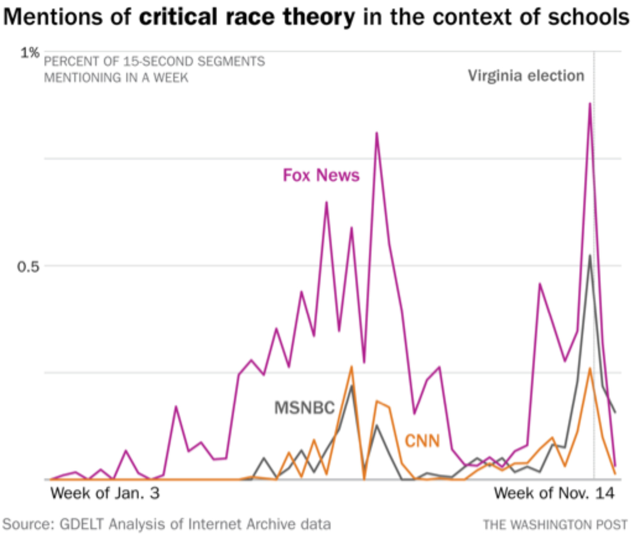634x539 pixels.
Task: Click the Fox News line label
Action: (321, 175)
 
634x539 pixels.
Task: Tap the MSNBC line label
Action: (304, 407)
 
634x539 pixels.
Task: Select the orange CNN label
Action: (422, 441)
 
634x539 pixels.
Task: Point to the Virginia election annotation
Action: (526, 76)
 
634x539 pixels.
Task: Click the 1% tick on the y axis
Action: (30, 53)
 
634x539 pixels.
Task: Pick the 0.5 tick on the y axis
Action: (28, 267)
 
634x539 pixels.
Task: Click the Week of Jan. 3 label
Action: (105, 493)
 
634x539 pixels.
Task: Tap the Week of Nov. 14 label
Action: (554, 493)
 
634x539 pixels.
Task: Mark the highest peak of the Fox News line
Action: (590, 103)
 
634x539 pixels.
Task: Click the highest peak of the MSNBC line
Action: (590, 256)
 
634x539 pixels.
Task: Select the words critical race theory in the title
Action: (247, 17)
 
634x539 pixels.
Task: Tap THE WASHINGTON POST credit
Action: (555, 525)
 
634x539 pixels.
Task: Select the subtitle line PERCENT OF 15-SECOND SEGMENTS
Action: (154, 61)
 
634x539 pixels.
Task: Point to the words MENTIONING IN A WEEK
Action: (116, 77)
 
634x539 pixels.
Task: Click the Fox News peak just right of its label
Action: (377, 133)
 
